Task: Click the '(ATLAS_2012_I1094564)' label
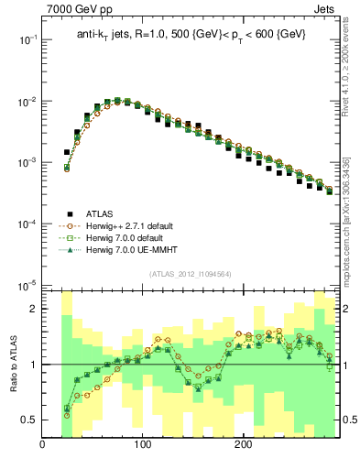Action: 191,274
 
